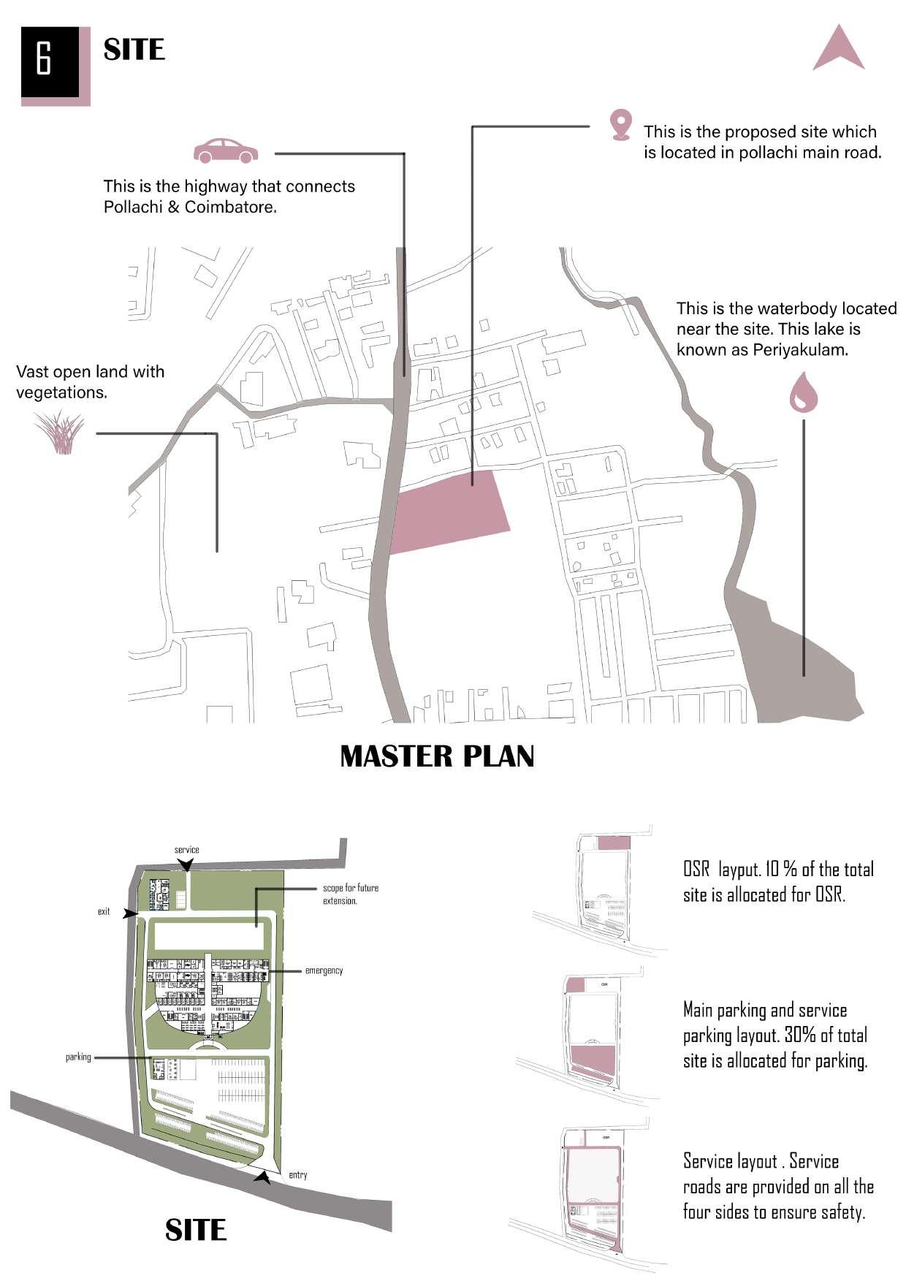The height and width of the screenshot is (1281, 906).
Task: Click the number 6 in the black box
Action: pos(44,58)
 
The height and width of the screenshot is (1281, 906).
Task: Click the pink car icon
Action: pos(226,151)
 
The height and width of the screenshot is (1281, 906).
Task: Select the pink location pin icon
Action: pos(620,124)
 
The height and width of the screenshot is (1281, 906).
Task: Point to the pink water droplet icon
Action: pos(803,392)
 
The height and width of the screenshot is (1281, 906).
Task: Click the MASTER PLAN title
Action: pos(437,756)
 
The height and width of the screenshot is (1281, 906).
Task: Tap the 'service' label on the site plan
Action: pos(186,850)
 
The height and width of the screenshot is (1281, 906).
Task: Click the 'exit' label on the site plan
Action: pos(104,911)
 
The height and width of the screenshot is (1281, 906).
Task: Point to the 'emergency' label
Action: pos(324,970)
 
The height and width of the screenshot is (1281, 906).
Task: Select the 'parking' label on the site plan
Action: pos(78,1057)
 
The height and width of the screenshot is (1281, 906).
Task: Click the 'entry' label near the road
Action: pos(298,1175)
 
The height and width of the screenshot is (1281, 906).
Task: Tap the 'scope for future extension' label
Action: pos(350,894)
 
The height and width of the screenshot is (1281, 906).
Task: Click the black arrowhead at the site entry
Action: pos(263,1177)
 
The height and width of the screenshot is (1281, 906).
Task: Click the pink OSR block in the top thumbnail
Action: pos(614,843)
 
